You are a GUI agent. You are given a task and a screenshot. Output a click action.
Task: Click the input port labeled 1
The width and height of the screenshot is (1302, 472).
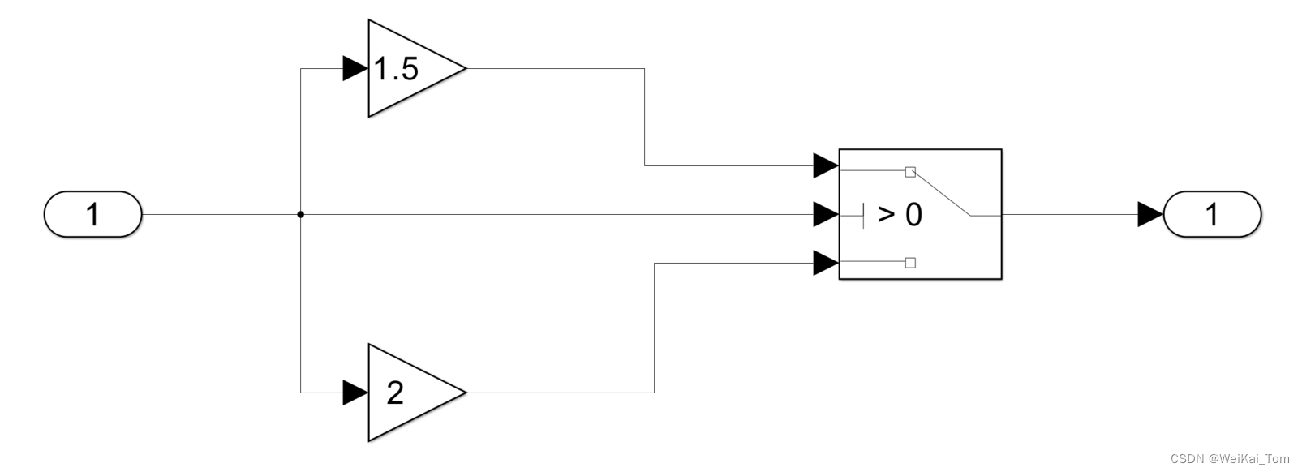tap(92, 215)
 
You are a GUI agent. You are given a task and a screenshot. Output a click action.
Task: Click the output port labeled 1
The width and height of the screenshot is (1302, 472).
tap(1212, 215)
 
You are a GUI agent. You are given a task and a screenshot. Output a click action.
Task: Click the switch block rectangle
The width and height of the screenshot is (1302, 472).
tap(920, 243)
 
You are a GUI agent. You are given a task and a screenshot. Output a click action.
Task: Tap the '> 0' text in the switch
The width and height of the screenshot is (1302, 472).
tap(900, 215)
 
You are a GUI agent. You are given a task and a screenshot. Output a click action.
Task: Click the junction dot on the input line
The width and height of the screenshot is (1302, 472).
tap(301, 215)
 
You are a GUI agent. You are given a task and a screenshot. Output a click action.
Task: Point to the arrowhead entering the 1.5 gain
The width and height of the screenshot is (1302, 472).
tap(355, 69)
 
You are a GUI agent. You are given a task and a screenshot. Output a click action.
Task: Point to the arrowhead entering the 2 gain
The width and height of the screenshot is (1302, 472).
tap(355, 393)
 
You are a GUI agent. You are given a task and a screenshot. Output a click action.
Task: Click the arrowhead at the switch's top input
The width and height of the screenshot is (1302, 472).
tap(826, 166)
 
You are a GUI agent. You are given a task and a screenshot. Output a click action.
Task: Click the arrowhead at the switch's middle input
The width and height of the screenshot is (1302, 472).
tap(826, 215)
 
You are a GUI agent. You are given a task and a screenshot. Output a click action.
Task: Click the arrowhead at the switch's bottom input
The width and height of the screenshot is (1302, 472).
tap(826, 263)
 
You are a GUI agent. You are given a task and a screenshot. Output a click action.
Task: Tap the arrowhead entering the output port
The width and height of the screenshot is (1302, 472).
tap(1150, 215)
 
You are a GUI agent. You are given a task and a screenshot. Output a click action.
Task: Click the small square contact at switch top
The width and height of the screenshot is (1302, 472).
tap(910, 172)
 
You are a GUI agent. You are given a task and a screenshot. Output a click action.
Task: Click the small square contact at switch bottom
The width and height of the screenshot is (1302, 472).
tap(910, 263)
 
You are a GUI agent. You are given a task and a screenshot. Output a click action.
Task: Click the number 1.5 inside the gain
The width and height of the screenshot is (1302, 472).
tap(396, 70)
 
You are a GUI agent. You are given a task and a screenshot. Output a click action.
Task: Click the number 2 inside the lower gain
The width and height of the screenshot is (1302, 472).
tap(395, 393)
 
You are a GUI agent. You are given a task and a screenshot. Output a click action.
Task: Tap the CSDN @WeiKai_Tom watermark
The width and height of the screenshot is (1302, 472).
tap(1230, 459)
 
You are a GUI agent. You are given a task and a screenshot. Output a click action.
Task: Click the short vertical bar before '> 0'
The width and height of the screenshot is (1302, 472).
tap(864, 215)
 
